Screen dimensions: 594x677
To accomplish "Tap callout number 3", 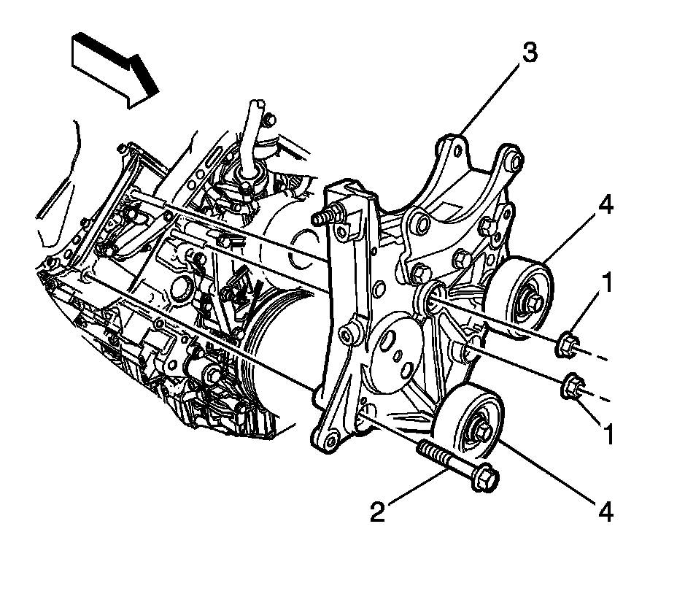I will coord(530,54).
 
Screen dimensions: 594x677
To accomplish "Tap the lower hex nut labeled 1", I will coord(571,387).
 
